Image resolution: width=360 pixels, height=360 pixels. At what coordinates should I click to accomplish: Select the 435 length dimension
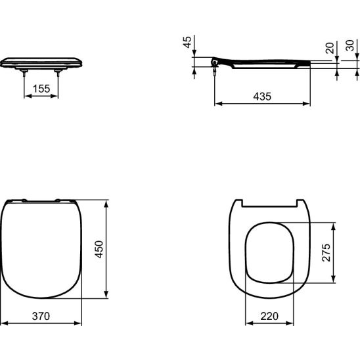pos(262,96)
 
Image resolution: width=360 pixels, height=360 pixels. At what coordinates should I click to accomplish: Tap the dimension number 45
pos(187,43)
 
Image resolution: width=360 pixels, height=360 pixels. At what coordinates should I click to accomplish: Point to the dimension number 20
pos(330,47)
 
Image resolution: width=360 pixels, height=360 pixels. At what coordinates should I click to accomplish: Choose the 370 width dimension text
pos(40,316)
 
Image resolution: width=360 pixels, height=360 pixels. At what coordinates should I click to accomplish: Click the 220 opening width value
pos(269,316)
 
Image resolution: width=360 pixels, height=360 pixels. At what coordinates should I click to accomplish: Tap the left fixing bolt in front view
pos(24,76)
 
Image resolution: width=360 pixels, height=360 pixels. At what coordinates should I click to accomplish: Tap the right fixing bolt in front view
pos(58,76)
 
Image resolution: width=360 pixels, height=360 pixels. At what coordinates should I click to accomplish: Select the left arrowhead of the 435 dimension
pos(217,103)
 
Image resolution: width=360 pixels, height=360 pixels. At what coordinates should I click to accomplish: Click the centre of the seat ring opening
pos(269,253)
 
